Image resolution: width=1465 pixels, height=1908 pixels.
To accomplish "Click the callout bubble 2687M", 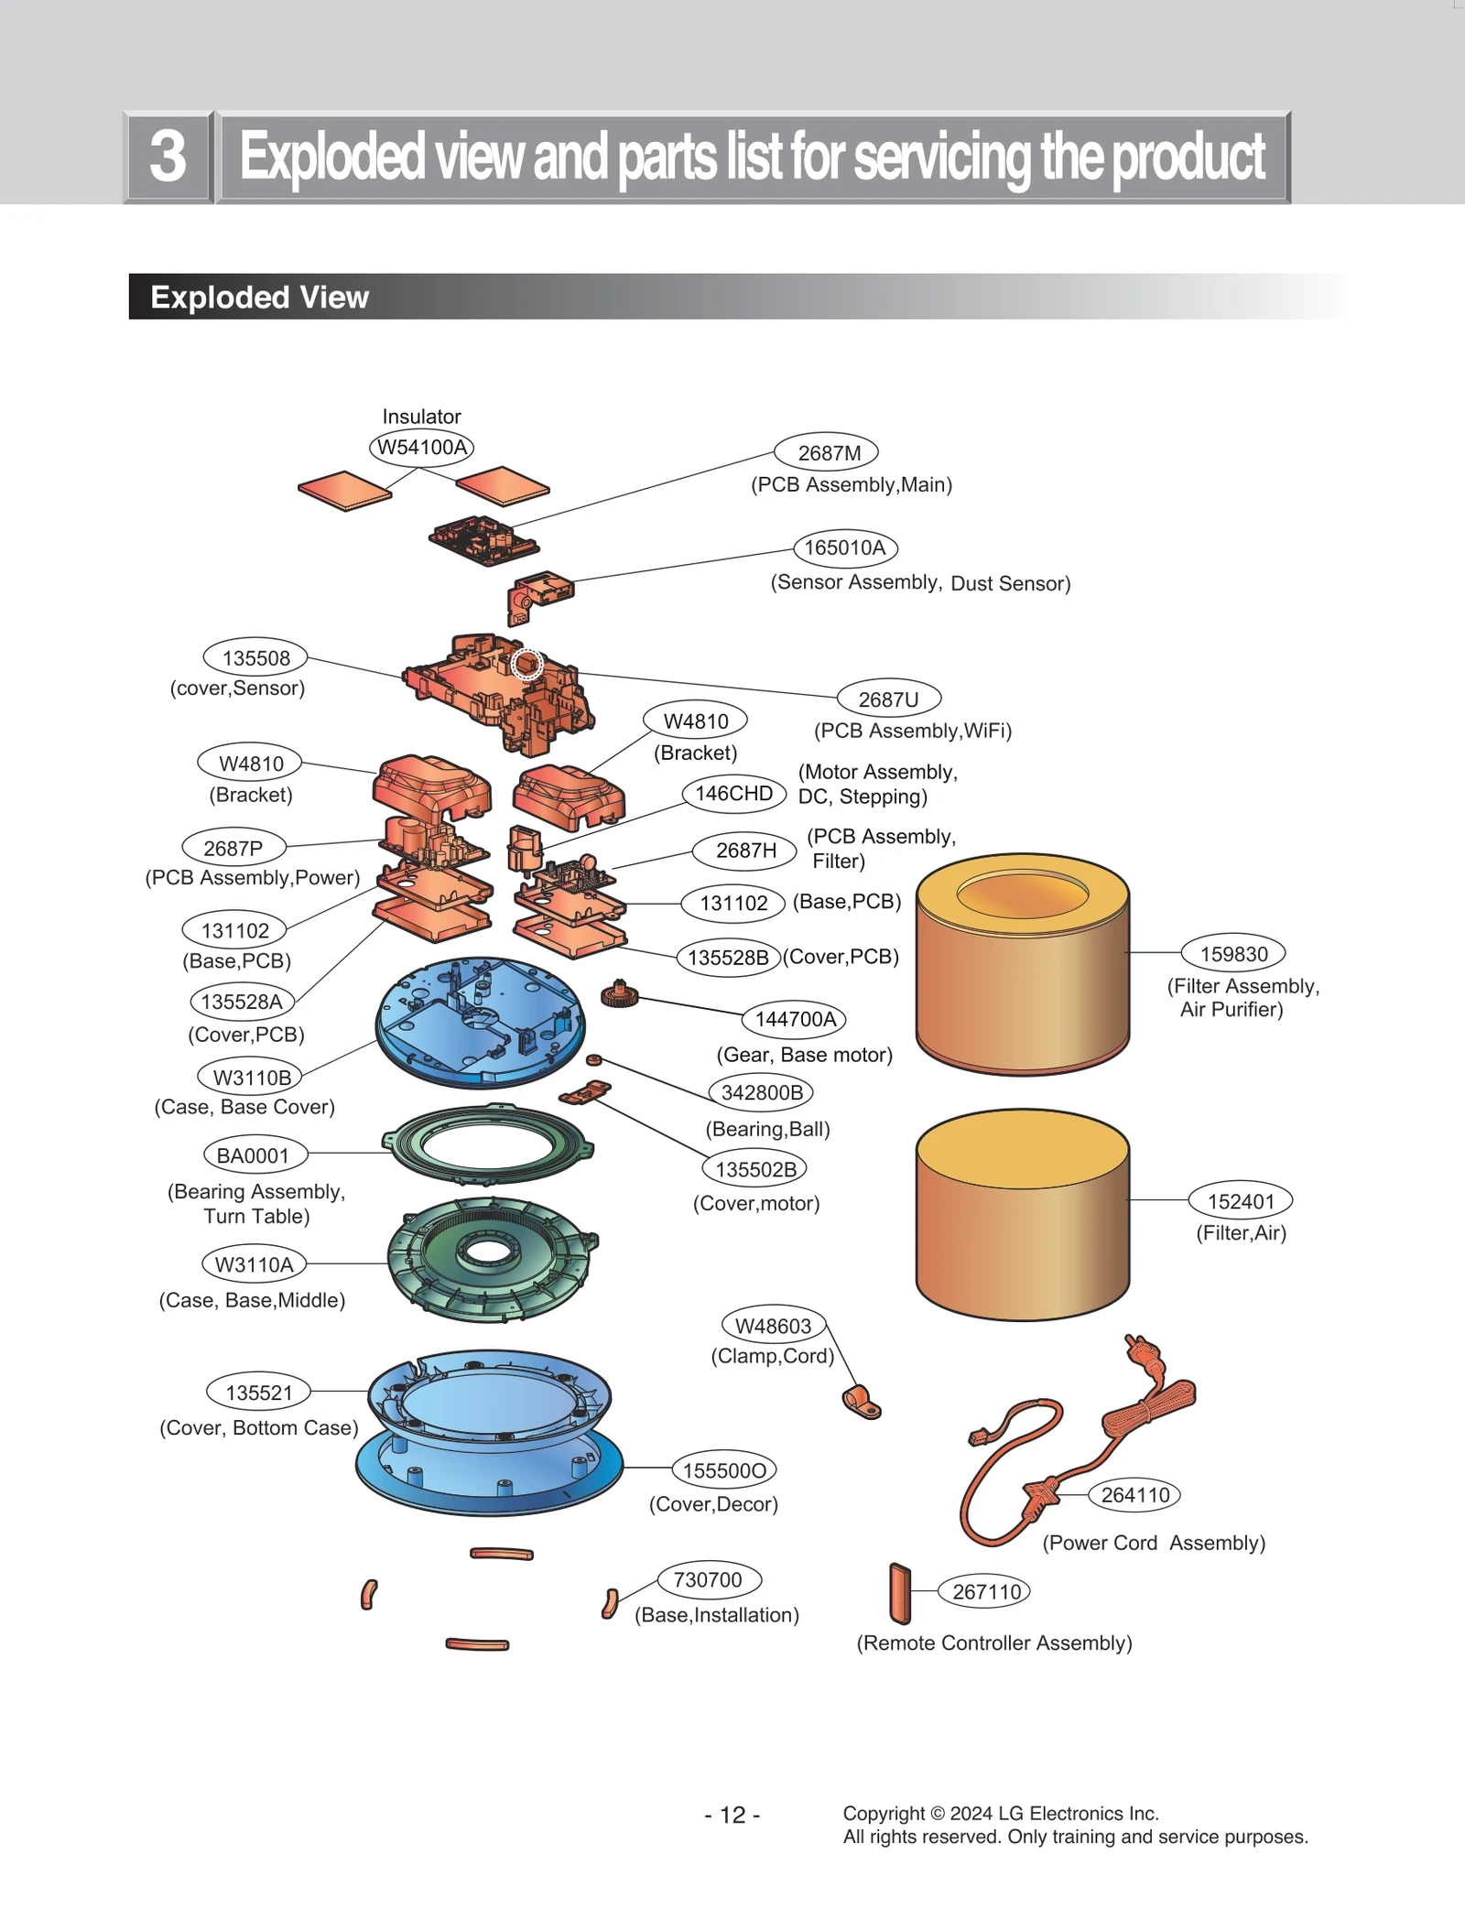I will click(x=826, y=452).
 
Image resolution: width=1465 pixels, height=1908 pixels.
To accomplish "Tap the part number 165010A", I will click(x=845, y=547).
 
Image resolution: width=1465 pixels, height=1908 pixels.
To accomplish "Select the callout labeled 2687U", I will click(x=889, y=699).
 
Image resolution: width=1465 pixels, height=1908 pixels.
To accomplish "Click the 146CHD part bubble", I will click(x=733, y=793).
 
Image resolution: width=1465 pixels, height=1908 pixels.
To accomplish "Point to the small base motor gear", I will click(x=619, y=993).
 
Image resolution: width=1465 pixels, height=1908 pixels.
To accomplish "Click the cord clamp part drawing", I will click(x=861, y=1402).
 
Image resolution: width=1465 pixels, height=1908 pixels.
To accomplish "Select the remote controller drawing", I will click(x=900, y=1593).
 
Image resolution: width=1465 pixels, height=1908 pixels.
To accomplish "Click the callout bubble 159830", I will click(x=1233, y=953).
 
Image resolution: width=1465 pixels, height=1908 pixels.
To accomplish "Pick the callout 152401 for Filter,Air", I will click(x=1240, y=1200).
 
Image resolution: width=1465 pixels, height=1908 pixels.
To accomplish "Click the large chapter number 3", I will click(x=168, y=157).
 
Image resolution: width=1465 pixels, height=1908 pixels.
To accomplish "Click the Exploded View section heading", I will click(x=259, y=297).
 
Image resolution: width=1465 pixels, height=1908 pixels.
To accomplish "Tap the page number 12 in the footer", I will click(x=732, y=1815).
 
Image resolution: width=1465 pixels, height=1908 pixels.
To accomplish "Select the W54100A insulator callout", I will click(x=422, y=447).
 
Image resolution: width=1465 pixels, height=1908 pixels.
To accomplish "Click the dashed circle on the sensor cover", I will click(x=527, y=663).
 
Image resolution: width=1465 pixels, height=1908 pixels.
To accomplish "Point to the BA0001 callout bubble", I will click(x=254, y=1155).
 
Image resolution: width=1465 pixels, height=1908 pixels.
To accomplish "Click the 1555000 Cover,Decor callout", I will click(x=723, y=1469).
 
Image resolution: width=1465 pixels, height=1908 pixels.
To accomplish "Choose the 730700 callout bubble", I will click(x=709, y=1579).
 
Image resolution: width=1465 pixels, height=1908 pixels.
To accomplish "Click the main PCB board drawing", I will click(x=483, y=538).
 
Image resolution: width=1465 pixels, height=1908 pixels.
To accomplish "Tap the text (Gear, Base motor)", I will click(x=804, y=1054).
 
